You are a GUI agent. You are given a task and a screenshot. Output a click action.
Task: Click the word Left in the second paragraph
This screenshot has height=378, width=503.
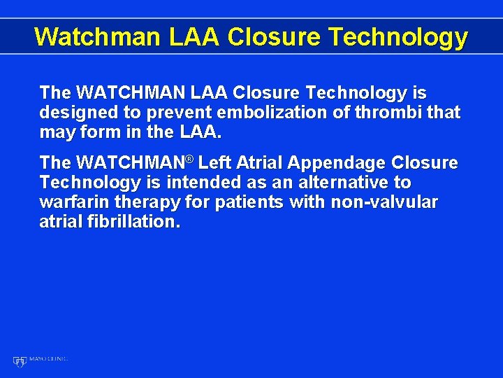click(x=214, y=163)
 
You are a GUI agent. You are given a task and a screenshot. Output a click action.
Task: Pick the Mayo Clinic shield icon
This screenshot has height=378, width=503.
click(x=19, y=361)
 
